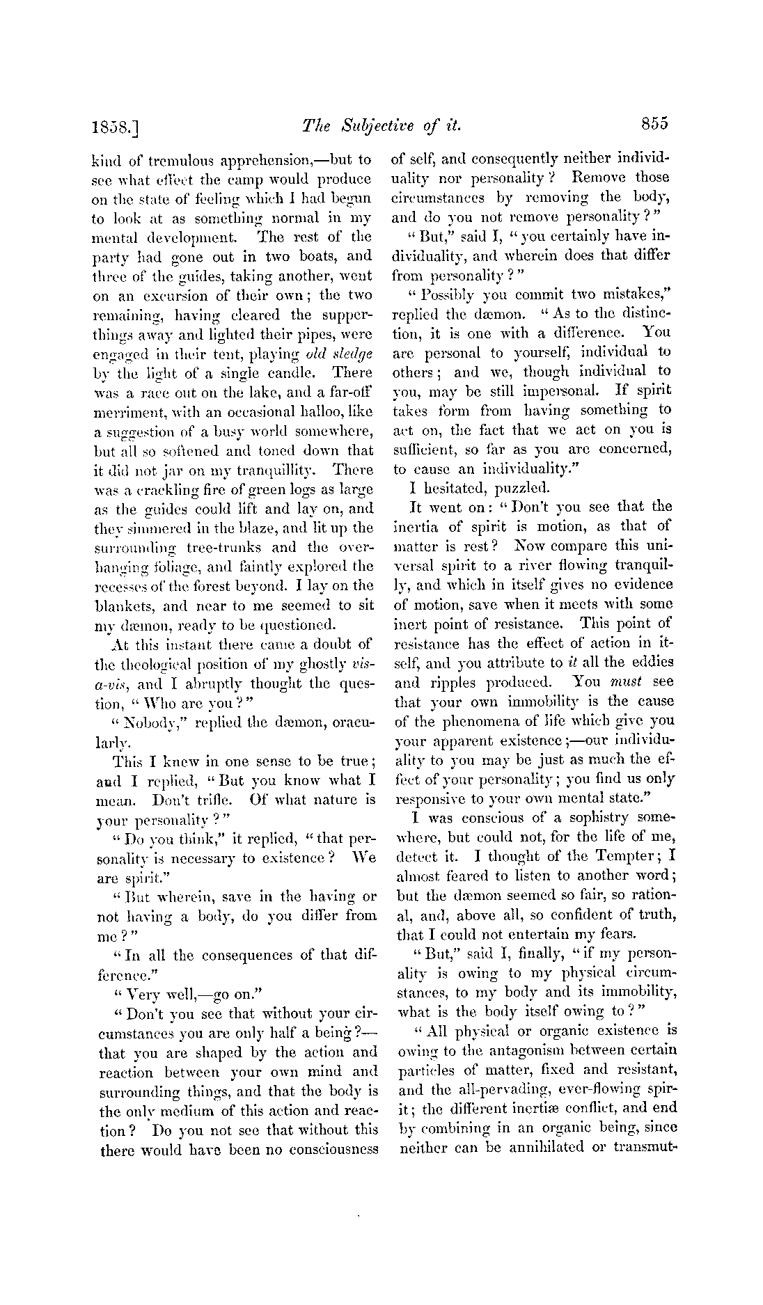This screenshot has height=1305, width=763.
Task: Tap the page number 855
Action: tap(651, 123)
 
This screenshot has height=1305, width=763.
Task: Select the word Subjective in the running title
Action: tap(373, 125)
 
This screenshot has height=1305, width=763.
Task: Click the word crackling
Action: tap(162, 489)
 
